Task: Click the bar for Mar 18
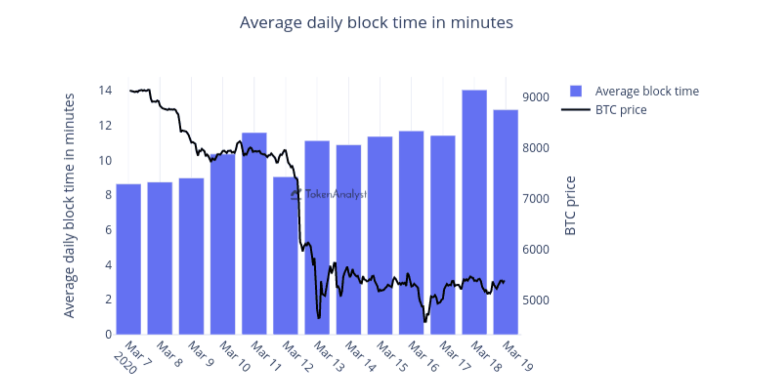click(x=474, y=212)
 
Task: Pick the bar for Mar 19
click(x=506, y=222)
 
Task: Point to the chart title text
click(x=376, y=23)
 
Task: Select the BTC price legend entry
click(x=621, y=110)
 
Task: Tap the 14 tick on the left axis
click(x=105, y=90)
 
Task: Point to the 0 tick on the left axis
click(x=108, y=334)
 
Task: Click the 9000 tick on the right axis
click(x=536, y=97)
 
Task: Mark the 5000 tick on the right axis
click(x=536, y=300)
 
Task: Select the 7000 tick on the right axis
click(x=536, y=198)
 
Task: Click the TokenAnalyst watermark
click(x=330, y=195)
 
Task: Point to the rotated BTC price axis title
click(x=570, y=205)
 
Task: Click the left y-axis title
click(x=69, y=205)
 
